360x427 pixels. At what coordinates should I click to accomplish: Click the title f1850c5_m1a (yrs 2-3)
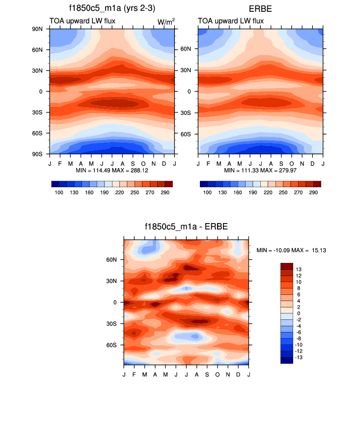(x=112, y=8)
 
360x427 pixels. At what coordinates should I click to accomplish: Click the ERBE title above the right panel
(x=261, y=8)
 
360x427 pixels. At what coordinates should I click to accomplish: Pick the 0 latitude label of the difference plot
(x=115, y=303)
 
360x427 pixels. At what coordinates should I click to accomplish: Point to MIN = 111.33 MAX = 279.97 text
(x=261, y=170)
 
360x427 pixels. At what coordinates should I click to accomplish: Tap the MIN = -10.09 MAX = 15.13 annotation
(x=292, y=251)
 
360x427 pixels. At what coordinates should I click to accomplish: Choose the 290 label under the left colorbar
(x=165, y=193)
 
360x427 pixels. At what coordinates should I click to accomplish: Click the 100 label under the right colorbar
(x=208, y=193)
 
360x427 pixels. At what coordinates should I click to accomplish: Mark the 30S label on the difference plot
(x=111, y=324)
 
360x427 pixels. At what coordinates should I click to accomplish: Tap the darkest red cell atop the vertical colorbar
(x=286, y=266)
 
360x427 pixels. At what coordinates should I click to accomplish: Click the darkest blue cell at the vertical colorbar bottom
(x=286, y=360)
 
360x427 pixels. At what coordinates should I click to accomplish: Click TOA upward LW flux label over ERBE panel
(x=231, y=21)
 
